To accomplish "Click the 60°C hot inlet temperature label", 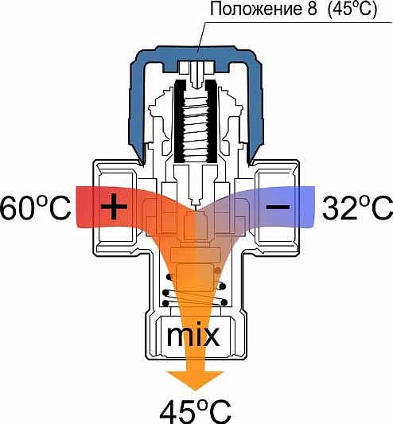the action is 35,208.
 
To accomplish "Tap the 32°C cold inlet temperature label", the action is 357,208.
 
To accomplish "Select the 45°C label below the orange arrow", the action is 195,412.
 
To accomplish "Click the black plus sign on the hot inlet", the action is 114,206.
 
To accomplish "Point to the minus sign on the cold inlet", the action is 278,207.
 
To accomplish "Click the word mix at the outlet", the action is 193,336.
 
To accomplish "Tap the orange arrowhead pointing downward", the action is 195,381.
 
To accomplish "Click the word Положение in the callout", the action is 255,10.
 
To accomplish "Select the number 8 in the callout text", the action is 312,10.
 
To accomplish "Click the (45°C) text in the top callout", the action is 352,10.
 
